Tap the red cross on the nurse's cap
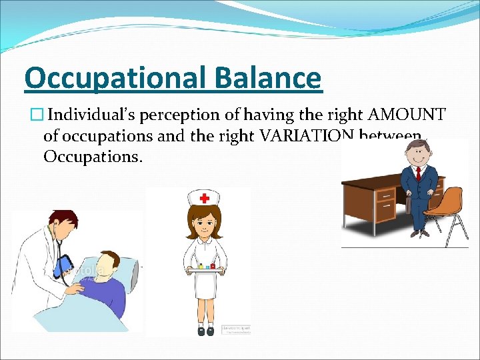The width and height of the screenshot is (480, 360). pos(204,198)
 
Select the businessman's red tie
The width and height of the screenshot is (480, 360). pos(418,175)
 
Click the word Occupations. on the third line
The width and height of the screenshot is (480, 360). pos(93,158)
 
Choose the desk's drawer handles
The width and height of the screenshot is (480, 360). pos(385,197)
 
